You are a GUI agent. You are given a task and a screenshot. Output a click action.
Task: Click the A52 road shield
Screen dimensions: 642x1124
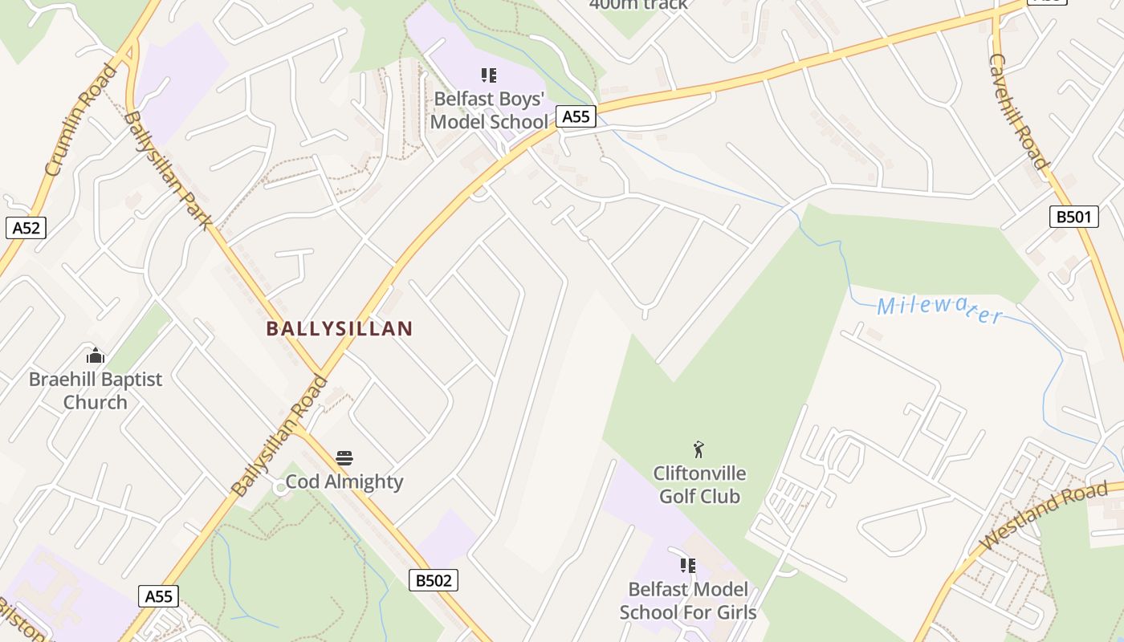click(x=26, y=228)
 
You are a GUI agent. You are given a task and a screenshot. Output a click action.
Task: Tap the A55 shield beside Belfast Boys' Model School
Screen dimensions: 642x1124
click(x=576, y=116)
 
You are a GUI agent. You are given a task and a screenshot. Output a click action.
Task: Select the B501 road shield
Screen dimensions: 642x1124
click(x=1073, y=216)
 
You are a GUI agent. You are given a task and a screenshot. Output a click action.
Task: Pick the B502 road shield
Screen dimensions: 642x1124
click(x=434, y=580)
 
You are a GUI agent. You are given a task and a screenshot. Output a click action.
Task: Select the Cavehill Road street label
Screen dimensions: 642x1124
click(x=1019, y=112)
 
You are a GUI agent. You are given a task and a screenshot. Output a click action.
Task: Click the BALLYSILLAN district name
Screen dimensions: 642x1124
click(x=339, y=328)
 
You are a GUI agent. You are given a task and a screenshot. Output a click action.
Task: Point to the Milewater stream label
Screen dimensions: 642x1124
click(x=939, y=308)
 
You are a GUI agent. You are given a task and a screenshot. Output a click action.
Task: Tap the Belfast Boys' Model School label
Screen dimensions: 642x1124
click(x=490, y=110)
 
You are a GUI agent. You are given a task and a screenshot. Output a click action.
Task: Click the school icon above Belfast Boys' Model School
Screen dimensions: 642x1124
click(x=489, y=75)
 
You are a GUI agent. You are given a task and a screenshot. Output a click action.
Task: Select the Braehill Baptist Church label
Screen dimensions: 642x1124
click(x=96, y=390)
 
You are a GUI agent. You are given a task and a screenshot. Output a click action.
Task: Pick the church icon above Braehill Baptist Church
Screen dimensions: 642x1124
click(x=96, y=356)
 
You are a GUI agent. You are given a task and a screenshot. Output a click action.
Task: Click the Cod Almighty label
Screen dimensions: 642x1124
click(x=344, y=481)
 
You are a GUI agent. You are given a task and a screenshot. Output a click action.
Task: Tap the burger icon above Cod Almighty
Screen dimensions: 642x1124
click(x=344, y=458)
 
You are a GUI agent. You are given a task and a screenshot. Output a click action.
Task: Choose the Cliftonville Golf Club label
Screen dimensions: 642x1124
click(x=699, y=485)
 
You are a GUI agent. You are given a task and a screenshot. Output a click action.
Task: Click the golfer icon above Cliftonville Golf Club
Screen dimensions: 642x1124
click(x=699, y=449)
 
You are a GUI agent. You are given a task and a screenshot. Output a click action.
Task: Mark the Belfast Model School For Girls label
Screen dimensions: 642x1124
click(x=688, y=600)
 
